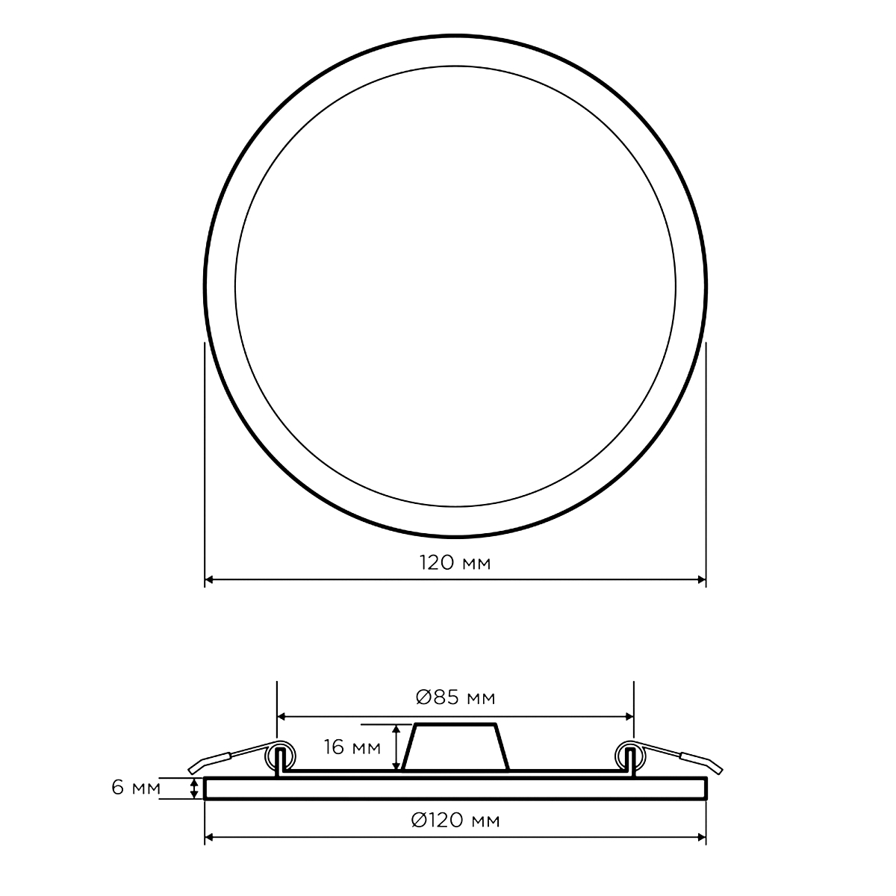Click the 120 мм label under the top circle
(455, 563)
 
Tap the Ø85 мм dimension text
(455, 697)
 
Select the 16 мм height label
(352, 747)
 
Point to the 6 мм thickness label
(136, 788)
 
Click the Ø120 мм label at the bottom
(455, 821)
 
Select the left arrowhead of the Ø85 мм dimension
(281, 717)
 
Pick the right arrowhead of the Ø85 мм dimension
(629, 717)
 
